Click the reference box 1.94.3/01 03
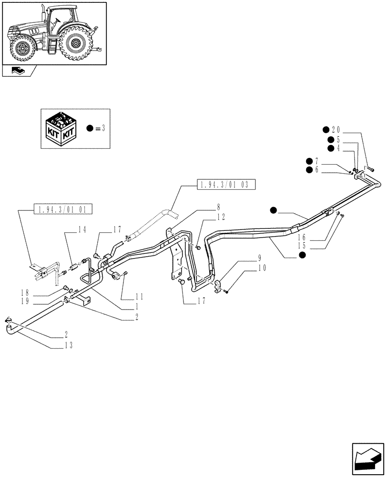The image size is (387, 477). tap(226, 185)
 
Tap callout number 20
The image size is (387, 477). tap(336, 130)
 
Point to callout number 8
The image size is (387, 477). tap(218, 207)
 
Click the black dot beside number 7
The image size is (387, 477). tap(310, 161)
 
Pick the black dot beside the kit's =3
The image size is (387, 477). tap(89, 128)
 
